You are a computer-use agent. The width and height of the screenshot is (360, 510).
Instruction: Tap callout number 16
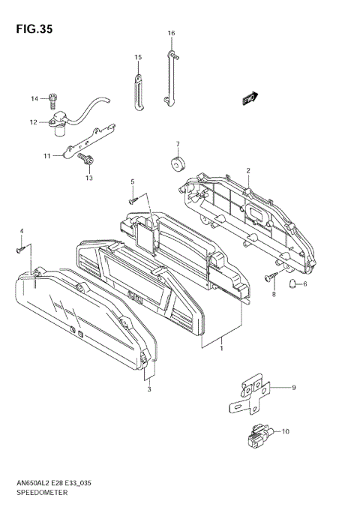click(171, 34)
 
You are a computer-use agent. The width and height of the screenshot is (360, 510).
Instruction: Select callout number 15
click(138, 57)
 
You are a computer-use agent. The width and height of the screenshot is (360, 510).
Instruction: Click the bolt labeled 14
click(52, 98)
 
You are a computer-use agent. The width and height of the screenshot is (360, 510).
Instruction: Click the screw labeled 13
click(86, 159)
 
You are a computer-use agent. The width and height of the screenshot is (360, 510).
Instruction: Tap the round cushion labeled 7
click(178, 164)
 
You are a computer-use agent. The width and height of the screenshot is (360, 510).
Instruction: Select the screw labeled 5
click(131, 199)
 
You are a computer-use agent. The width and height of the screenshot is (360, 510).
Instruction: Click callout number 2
click(247, 170)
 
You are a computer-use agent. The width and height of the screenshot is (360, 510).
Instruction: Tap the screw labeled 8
click(270, 278)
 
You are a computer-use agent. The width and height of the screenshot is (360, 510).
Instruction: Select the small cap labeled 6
click(295, 283)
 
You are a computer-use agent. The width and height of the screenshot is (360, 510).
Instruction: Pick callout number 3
click(148, 388)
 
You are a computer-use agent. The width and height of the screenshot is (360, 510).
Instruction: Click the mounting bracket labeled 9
click(248, 394)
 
